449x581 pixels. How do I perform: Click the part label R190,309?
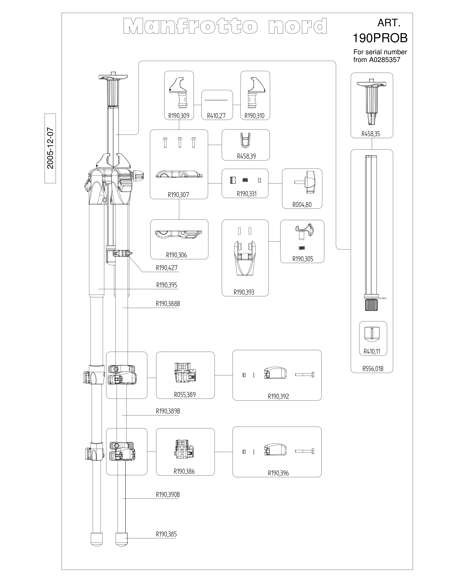click(x=179, y=116)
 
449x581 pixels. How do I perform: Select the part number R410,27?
click(x=216, y=116)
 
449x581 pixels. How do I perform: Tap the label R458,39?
click(x=246, y=156)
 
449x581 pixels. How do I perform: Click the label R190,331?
click(x=247, y=194)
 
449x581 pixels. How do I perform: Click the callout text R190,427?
click(x=167, y=268)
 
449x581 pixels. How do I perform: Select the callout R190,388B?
click(x=168, y=303)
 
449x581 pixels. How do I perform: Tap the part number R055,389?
click(x=185, y=394)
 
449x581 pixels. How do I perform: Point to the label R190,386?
click(x=184, y=471)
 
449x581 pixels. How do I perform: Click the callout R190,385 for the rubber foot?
click(x=166, y=534)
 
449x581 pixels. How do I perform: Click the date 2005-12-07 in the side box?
click(x=50, y=148)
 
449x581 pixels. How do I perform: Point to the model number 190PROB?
click(x=380, y=38)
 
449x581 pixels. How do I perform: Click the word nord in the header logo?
click(x=298, y=26)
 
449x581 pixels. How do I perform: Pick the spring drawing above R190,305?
click(x=302, y=248)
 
